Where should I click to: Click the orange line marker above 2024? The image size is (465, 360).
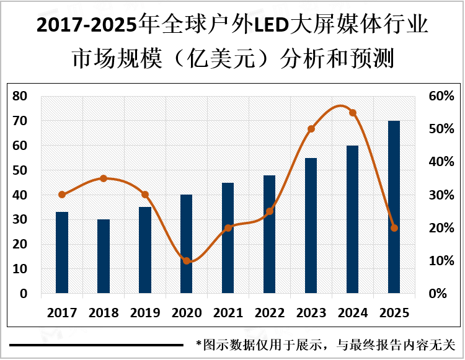tap(353, 113)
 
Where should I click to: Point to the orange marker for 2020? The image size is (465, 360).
tap(187, 261)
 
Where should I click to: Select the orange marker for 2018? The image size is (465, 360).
tap(104, 178)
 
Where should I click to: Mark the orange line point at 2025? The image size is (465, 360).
tap(394, 228)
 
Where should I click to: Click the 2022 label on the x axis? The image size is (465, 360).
tap(270, 312)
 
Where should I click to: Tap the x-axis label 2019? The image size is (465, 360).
tap(145, 312)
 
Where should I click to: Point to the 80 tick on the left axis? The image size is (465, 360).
tap(20, 96)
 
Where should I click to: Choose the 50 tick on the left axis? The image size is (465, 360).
tap(20, 170)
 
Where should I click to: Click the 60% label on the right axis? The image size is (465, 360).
tap(443, 96)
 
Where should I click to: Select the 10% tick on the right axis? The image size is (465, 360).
tap(443, 261)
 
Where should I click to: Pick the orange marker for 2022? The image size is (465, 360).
tap(270, 211)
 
